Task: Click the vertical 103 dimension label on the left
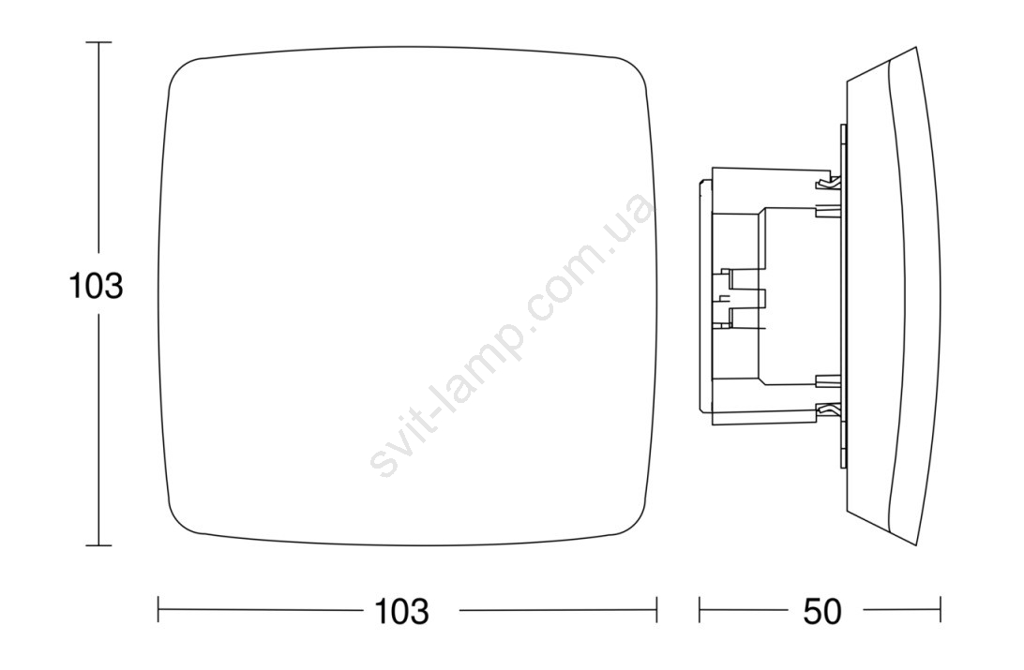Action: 96,286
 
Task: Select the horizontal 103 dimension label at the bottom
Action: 401,611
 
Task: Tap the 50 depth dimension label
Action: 823,611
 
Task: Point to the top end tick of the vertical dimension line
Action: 98,42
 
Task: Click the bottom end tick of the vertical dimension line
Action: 98,544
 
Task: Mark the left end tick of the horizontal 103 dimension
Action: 158,610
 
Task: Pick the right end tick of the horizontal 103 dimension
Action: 656,610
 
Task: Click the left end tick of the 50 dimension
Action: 700,610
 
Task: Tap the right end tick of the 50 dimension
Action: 941,610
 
